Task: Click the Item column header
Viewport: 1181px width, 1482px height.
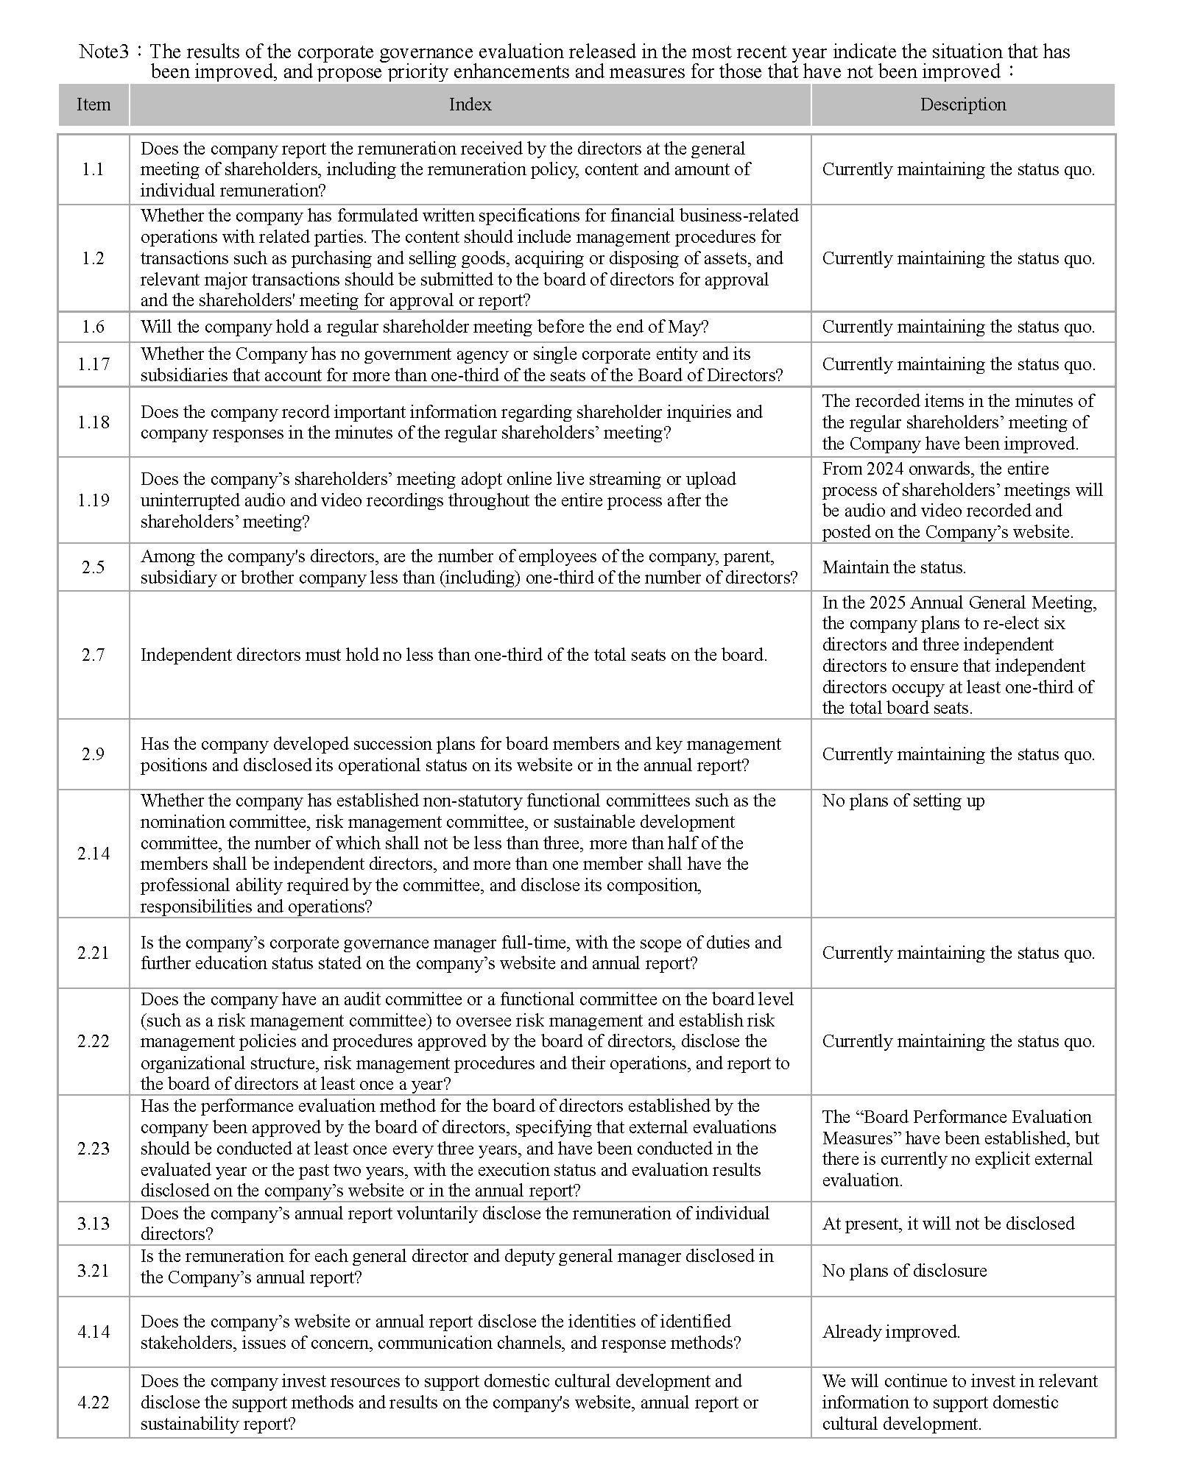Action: (94, 104)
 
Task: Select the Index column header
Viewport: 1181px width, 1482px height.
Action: (470, 104)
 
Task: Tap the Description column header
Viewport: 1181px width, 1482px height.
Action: (962, 104)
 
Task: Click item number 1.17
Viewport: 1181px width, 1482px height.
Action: (94, 364)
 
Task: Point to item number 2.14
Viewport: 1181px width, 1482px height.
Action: (94, 853)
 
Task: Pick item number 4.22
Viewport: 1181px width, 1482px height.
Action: (94, 1402)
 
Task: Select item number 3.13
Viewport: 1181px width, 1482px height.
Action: (94, 1223)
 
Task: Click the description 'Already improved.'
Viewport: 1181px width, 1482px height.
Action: (891, 1331)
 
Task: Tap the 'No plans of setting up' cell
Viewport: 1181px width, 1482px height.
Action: (903, 801)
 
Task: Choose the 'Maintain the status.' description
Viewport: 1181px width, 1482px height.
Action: (894, 567)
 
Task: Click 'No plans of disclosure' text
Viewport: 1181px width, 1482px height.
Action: (904, 1270)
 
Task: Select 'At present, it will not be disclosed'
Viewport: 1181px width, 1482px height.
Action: (948, 1223)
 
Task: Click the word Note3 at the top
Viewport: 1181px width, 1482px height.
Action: (104, 52)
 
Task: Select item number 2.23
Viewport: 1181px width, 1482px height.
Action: (94, 1148)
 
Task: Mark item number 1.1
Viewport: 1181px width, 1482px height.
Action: (94, 169)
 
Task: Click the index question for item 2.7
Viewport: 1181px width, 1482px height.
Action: (454, 655)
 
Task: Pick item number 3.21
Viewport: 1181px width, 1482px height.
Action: (94, 1270)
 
